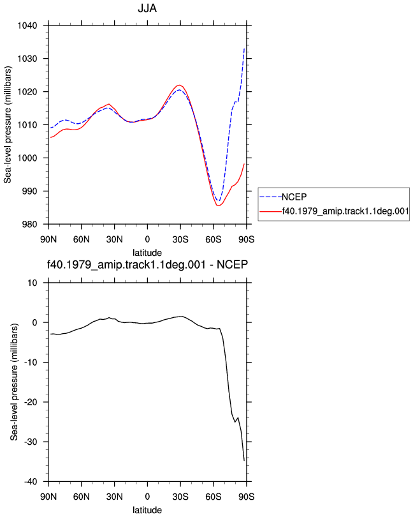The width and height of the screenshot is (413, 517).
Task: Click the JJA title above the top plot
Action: pyautogui.click(x=147, y=8)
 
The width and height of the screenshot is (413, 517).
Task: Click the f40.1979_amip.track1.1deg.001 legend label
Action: pyautogui.click(x=345, y=211)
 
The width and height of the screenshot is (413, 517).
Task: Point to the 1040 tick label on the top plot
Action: pyautogui.click(x=27, y=26)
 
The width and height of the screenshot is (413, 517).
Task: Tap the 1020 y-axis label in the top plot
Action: pyautogui.click(x=27, y=92)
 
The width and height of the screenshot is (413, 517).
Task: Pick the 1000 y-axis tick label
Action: pyautogui.click(x=27, y=158)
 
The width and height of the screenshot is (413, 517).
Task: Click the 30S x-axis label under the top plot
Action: pyautogui.click(x=180, y=239)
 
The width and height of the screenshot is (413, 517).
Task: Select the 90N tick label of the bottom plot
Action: pyautogui.click(x=48, y=497)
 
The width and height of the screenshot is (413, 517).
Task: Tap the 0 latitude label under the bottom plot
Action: pyautogui.click(x=147, y=497)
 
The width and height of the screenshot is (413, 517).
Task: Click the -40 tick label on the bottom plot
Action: pyautogui.click(x=31, y=482)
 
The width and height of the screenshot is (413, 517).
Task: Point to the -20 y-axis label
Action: pyautogui.click(x=31, y=402)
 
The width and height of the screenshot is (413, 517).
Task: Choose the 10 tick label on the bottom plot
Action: pyautogui.click(x=33, y=283)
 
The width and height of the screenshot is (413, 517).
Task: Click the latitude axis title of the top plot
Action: pyautogui.click(x=147, y=253)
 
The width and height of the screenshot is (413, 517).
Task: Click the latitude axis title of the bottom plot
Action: pyautogui.click(x=147, y=510)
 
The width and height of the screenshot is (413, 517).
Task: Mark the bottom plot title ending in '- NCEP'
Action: pyautogui.click(x=147, y=264)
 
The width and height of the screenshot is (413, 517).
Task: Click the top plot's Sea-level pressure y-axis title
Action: pyautogui.click(x=8, y=124)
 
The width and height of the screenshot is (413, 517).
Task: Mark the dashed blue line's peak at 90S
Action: pyautogui.click(x=244, y=49)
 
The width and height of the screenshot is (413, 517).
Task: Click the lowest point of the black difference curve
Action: pyautogui.click(x=244, y=460)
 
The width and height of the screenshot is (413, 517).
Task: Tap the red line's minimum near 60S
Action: pyautogui.click(x=219, y=206)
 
